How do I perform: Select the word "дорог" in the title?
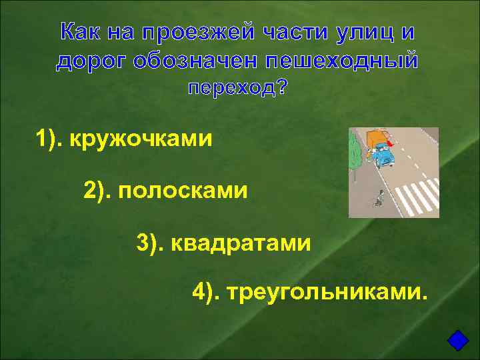(91, 61)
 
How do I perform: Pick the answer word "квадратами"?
(241, 243)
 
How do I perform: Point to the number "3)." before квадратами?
(151, 243)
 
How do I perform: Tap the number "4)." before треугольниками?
(207, 291)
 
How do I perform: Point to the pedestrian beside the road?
(379, 198)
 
